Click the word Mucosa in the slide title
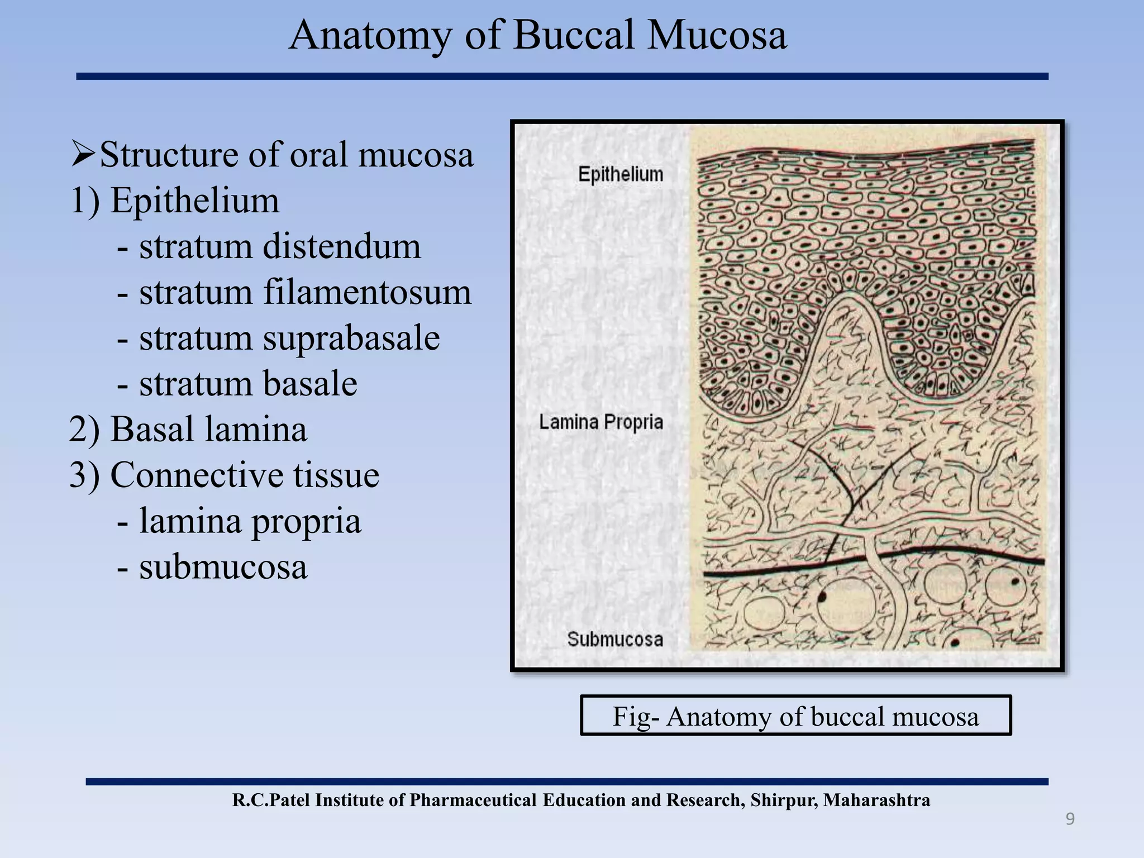pos(717,36)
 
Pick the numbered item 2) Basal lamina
pos(188,430)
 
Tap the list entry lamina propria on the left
pos(250,521)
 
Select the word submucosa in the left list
pos(223,567)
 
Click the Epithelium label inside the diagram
pos(621,175)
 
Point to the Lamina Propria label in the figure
pos(601,422)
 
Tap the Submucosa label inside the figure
pos(615,639)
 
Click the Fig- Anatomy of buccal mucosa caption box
pos(795,716)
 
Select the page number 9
pos(1070,819)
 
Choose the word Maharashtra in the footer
pos(876,800)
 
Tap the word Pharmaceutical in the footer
pos(474,800)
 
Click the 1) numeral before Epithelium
pos(85,201)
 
